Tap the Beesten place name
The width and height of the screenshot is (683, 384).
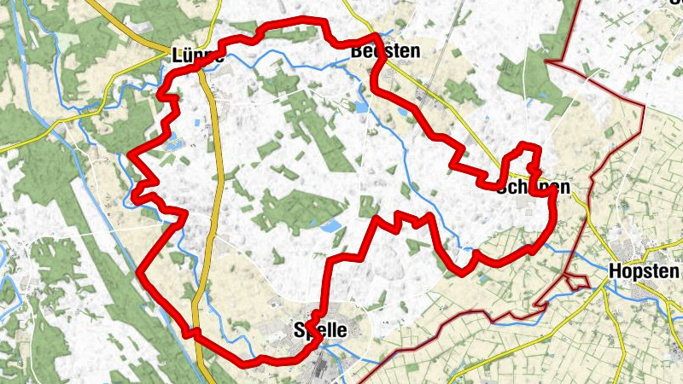(x=385, y=51)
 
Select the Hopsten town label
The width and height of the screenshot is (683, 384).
(x=645, y=271)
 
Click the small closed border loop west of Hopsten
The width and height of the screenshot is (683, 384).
(x=577, y=280)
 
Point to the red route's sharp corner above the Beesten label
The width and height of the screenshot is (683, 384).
(x=375, y=37)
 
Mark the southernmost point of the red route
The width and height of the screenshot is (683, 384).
(x=248, y=364)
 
